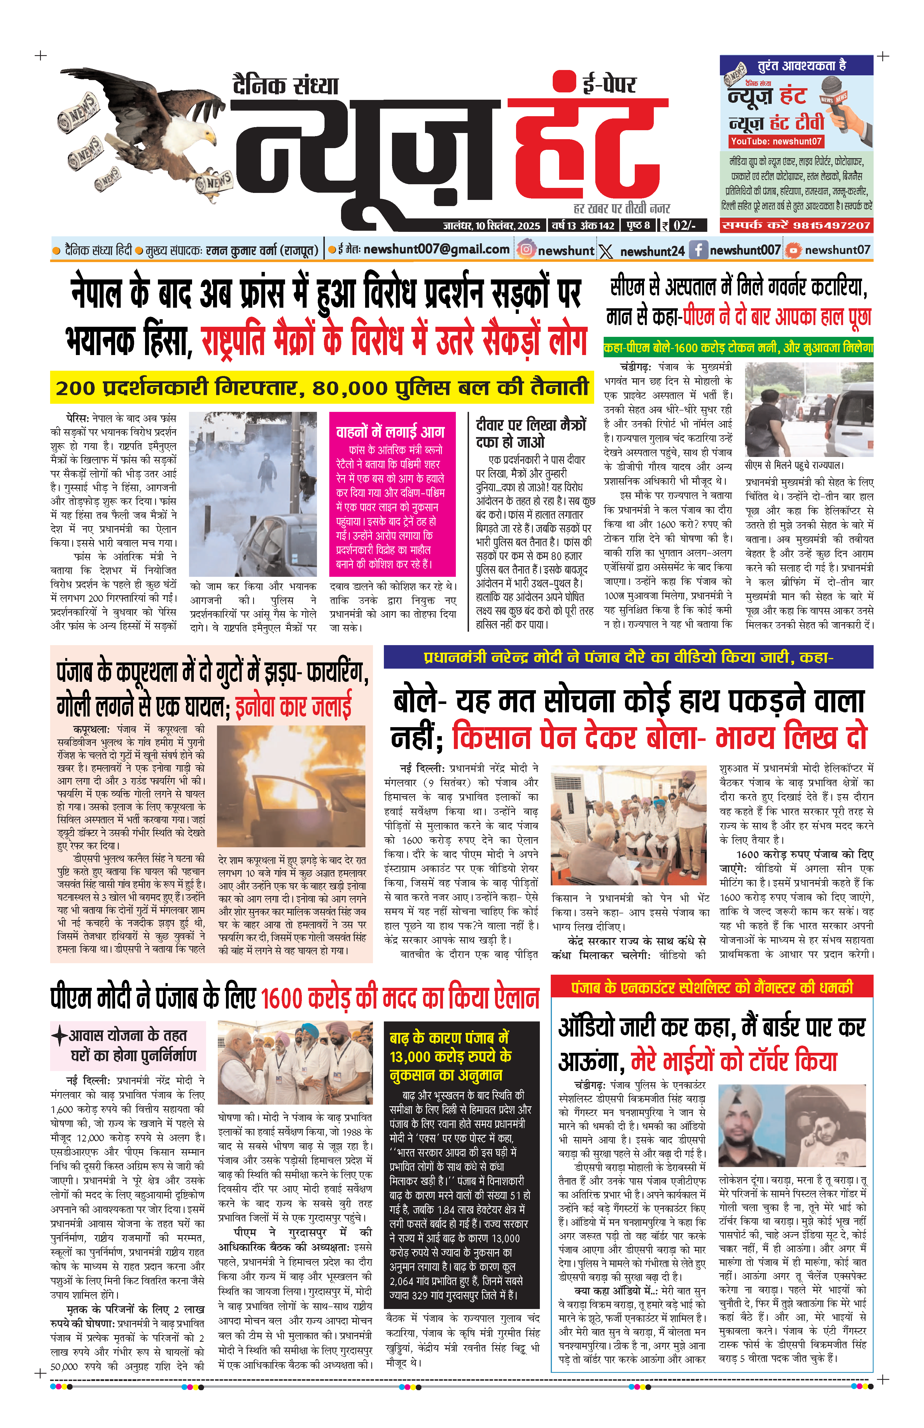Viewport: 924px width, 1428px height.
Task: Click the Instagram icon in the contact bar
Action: point(526,249)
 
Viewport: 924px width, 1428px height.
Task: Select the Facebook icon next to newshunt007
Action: point(698,249)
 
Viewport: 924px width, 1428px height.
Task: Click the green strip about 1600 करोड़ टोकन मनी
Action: point(738,347)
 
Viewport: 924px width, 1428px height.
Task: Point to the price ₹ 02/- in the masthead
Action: point(684,226)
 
